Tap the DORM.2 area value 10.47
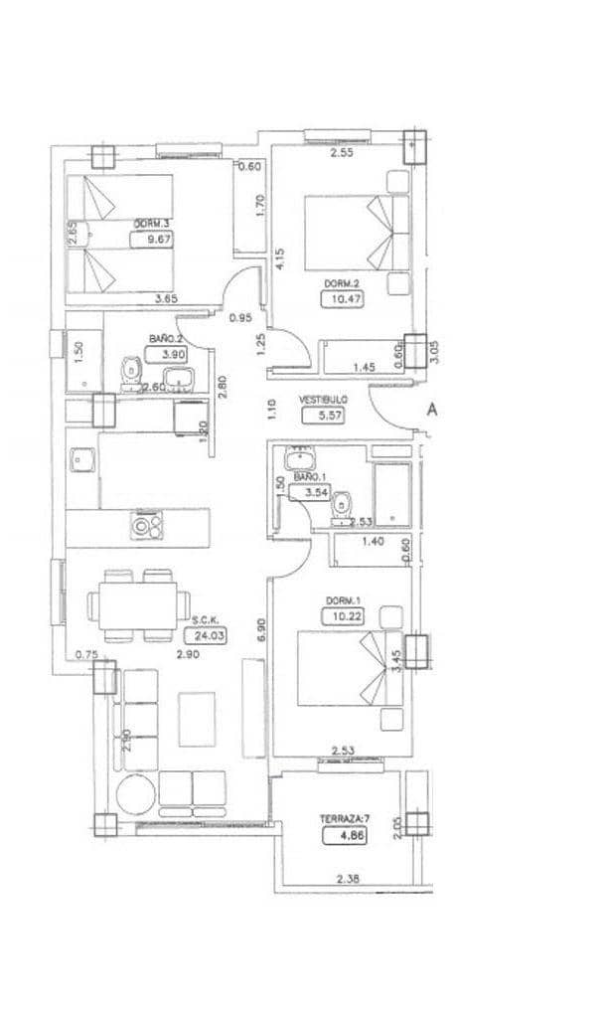point(340,299)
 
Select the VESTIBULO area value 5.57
point(324,417)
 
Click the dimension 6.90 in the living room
point(261,632)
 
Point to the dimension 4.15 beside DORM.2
point(280,258)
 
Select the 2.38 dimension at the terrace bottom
point(348,879)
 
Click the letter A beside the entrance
point(432,409)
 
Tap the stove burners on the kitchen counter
point(147,523)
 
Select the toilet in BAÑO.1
point(341,504)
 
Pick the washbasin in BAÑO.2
point(181,379)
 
